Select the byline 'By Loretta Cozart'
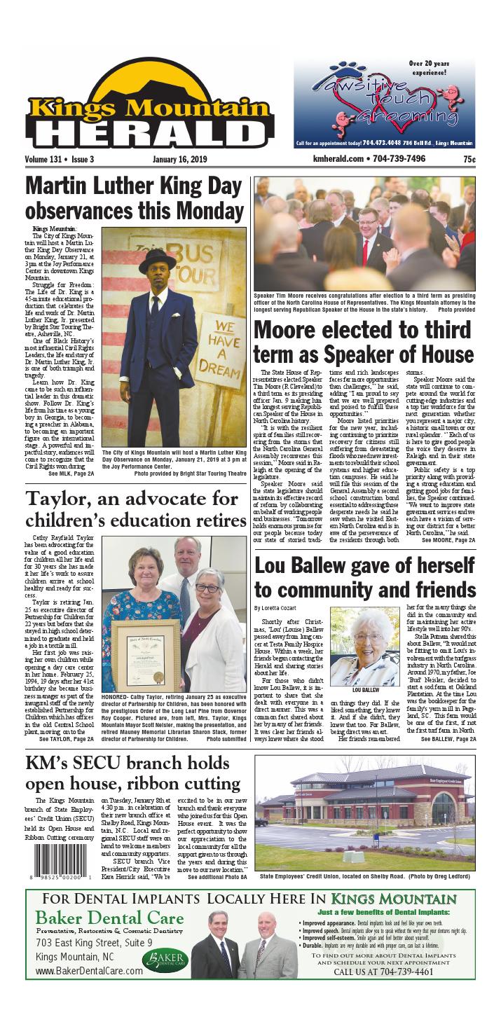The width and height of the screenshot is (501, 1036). tap(276, 607)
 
